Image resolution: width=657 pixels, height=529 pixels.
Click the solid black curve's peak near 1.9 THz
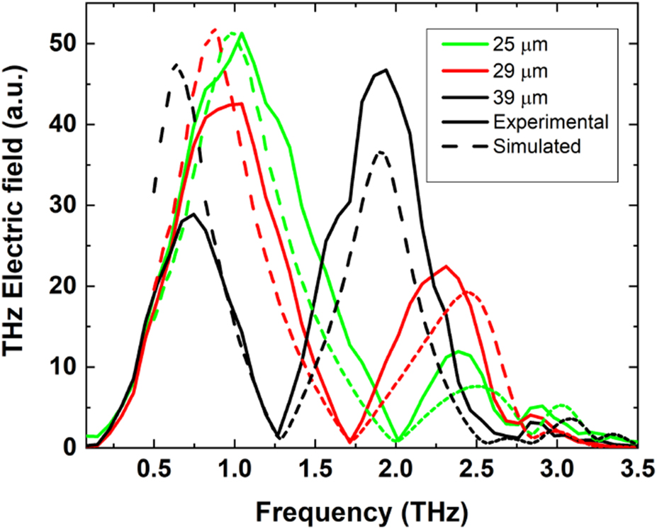coord(386,69)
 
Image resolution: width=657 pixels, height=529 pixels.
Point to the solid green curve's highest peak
coord(242,33)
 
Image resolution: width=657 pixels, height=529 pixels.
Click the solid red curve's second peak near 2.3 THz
coord(446,267)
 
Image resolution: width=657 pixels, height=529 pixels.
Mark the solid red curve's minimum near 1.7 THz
coord(350,442)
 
